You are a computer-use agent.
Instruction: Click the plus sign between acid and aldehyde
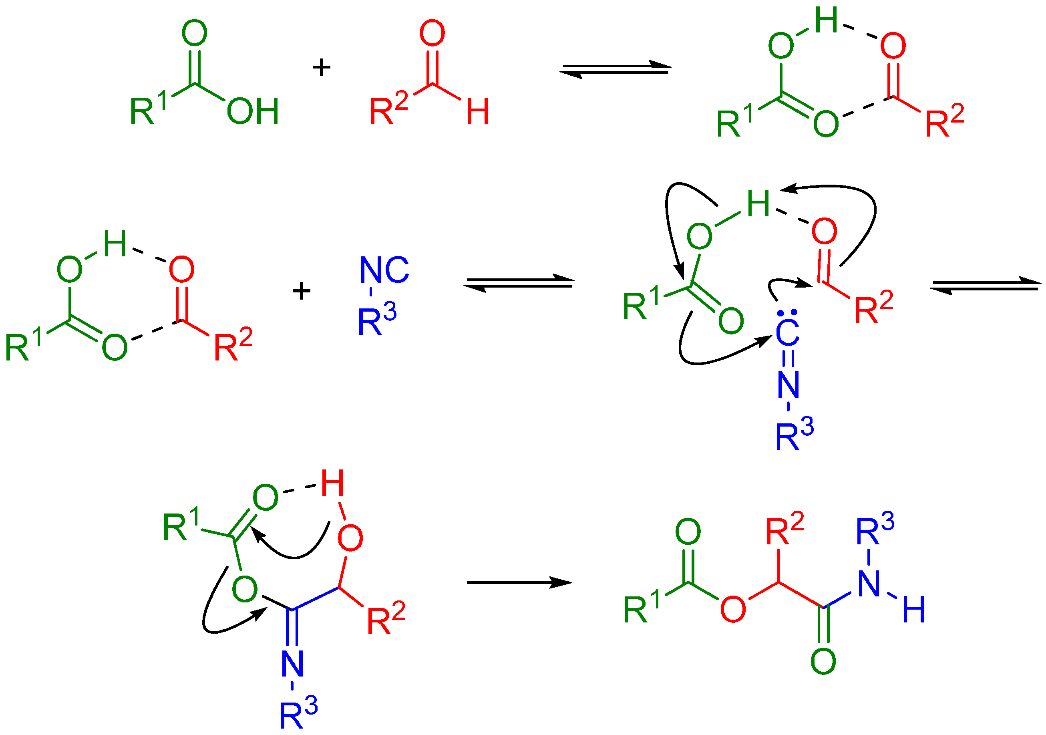321,67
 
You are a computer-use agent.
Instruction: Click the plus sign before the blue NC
301,291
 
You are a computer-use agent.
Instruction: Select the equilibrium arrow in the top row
615,69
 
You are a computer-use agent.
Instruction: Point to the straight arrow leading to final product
519,582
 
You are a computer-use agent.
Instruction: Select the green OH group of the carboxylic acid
253,111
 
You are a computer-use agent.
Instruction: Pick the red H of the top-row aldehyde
477,111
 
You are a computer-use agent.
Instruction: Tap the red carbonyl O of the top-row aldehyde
432,33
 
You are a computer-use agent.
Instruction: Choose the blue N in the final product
868,584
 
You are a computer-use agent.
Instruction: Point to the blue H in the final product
913,610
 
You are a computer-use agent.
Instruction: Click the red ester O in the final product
733,609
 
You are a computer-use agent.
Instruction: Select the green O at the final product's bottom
823,661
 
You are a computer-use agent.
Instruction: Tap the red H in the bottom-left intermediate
332,483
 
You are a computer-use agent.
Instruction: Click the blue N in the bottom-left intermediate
292,664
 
